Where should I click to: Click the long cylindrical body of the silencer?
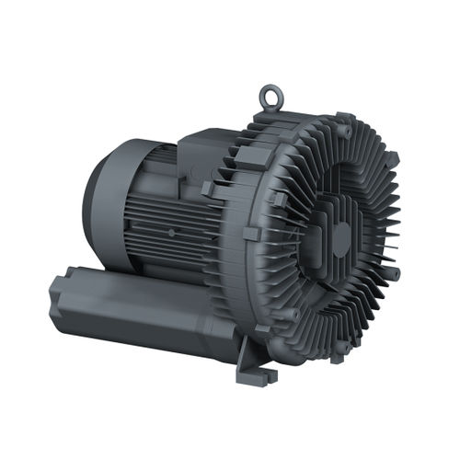129,304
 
